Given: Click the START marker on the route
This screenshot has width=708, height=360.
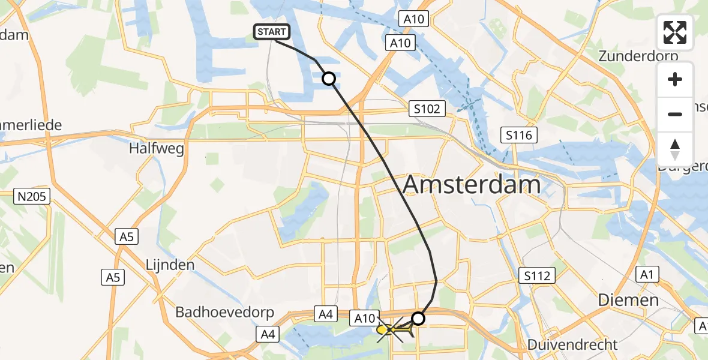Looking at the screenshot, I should pyautogui.click(x=273, y=32).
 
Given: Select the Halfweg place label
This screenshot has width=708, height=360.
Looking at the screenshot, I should pyautogui.click(x=148, y=148).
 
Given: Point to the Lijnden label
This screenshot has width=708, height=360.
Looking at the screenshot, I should pyautogui.click(x=170, y=265).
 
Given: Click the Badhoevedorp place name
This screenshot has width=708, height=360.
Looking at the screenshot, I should pyautogui.click(x=224, y=312).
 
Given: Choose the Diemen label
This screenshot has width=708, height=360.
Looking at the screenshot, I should pyautogui.click(x=628, y=300).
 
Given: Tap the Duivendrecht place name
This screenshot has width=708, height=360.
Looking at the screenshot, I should pyautogui.click(x=572, y=344).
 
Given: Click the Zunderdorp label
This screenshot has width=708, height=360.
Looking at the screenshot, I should pyautogui.click(x=638, y=56).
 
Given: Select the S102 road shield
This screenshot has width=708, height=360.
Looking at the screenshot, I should pyautogui.click(x=427, y=109).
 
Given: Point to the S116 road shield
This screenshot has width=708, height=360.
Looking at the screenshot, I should pyautogui.click(x=518, y=135).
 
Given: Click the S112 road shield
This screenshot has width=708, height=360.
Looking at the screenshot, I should pyautogui.click(x=537, y=275).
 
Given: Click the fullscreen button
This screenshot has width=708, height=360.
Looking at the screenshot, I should pyautogui.click(x=675, y=32).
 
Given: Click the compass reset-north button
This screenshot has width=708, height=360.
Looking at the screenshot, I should pyautogui.click(x=675, y=149).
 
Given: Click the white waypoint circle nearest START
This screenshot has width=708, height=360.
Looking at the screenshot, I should pyautogui.click(x=329, y=79).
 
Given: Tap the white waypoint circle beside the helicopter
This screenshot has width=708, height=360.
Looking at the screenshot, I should pyautogui.click(x=418, y=318).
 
